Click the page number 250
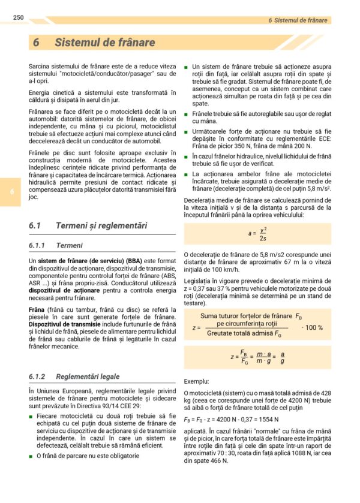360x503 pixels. (17, 17)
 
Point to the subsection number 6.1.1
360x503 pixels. (37, 246)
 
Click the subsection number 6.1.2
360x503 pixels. (37, 377)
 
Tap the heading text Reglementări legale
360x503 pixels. (87, 377)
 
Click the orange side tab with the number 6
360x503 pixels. (11, 192)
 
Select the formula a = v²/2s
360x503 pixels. (257, 234)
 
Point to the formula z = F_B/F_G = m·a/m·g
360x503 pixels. (257, 358)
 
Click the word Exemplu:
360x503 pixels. (196, 381)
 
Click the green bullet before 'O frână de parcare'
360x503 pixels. (31, 456)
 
